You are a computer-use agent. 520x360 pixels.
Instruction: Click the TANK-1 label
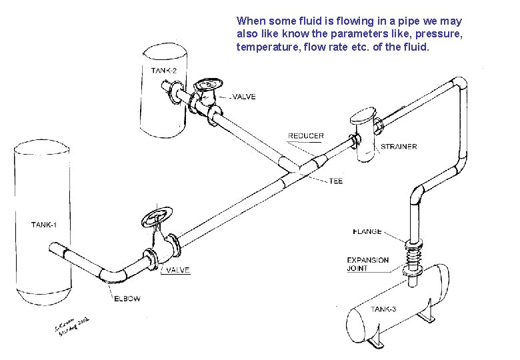coord(44,225)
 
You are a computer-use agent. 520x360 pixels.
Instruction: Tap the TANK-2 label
coord(163,70)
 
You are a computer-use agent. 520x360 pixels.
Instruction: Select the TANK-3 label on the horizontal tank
coord(384,309)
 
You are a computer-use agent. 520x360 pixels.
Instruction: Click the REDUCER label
coord(306,136)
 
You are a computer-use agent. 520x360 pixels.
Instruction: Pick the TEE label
coord(335,181)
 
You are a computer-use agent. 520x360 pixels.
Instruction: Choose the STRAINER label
coord(399,147)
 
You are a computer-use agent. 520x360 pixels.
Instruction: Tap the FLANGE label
coord(367,231)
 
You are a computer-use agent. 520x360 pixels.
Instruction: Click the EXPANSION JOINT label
coord(368,264)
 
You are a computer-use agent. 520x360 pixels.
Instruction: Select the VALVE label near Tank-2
coord(244,97)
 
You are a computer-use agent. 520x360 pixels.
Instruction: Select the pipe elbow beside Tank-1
coord(114,275)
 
